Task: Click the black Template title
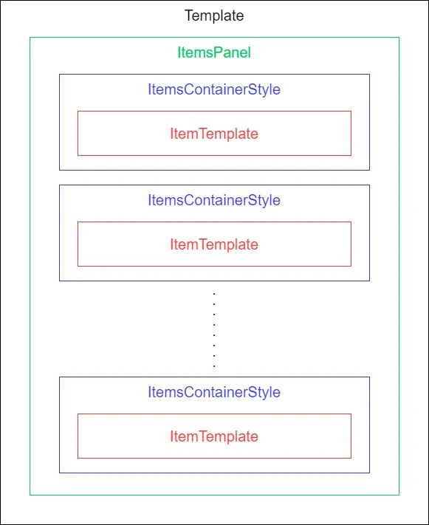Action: (214, 16)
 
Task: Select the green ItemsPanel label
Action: (214, 52)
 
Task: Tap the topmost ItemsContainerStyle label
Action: (214, 90)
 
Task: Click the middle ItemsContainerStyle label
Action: (214, 200)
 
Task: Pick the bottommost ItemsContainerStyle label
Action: (214, 392)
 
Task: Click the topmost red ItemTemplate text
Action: (214, 134)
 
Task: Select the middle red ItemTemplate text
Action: (214, 244)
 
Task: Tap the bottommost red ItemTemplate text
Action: (214, 436)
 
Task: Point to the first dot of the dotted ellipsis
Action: (214, 294)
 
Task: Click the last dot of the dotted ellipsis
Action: (214, 366)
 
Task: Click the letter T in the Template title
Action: (188, 16)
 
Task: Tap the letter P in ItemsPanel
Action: (216, 52)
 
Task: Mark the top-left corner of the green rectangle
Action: (30, 38)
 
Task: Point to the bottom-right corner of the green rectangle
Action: (399, 495)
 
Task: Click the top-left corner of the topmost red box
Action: (78, 111)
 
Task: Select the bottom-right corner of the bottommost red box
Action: (351, 458)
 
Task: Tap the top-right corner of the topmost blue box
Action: (369, 75)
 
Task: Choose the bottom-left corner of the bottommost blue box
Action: (60, 473)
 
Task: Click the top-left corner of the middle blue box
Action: (60, 185)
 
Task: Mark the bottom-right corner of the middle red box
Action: (351, 266)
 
